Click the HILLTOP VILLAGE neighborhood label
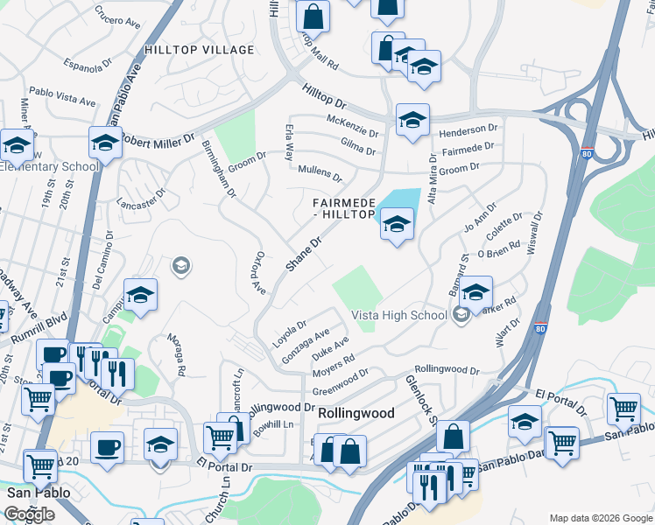point(200,50)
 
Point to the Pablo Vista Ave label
point(62,96)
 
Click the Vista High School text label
point(399,315)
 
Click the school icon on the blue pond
point(397,226)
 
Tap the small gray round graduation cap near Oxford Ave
point(181,265)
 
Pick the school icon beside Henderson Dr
point(412,120)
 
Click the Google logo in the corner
point(30,514)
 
